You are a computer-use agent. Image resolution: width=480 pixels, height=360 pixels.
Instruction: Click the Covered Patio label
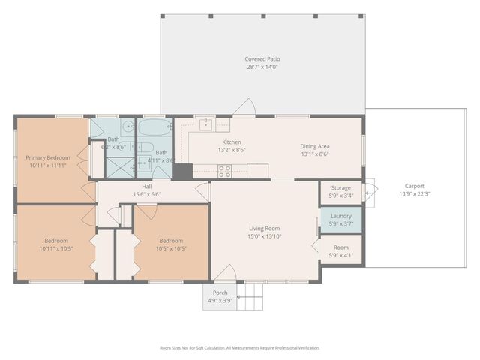[x=262, y=59]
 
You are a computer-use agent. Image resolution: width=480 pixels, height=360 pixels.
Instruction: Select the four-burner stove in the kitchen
[x=223, y=171]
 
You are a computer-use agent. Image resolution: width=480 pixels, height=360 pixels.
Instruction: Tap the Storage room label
[x=340, y=188]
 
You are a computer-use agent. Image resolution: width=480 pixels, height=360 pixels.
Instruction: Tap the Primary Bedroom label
[x=48, y=157]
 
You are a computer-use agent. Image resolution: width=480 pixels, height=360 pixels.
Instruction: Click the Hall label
[x=148, y=186]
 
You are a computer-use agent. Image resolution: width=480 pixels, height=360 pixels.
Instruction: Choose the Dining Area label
[x=315, y=146]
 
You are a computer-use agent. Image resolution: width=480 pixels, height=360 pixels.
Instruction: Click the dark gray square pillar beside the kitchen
[x=182, y=171]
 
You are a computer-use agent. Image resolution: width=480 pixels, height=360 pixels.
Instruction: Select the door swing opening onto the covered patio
[x=244, y=108]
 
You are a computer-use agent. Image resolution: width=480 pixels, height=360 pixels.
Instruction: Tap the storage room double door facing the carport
[x=368, y=192]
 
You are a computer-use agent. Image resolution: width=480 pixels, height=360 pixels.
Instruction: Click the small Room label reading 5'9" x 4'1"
[x=340, y=247]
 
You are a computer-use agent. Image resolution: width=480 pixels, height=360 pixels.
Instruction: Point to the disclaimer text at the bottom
[x=239, y=348]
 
